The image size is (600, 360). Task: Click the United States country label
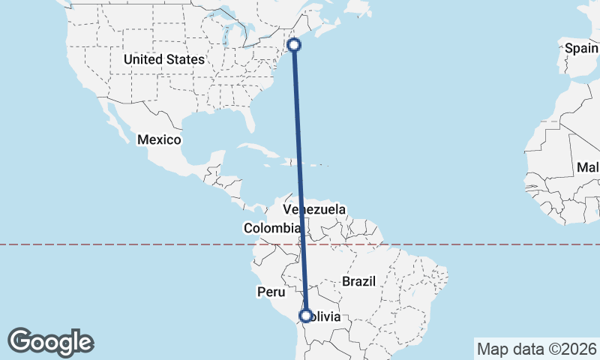point(163,59)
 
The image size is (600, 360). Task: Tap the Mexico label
point(159,139)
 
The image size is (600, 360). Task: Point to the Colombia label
point(271,228)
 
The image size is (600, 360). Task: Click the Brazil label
point(358,281)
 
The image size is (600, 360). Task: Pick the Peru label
point(271,292)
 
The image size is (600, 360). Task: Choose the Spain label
point(582,49)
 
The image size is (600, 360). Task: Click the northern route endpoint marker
point(295,45)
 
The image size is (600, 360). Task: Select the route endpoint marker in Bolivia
point(305,316)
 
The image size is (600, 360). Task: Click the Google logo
point(50,342)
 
